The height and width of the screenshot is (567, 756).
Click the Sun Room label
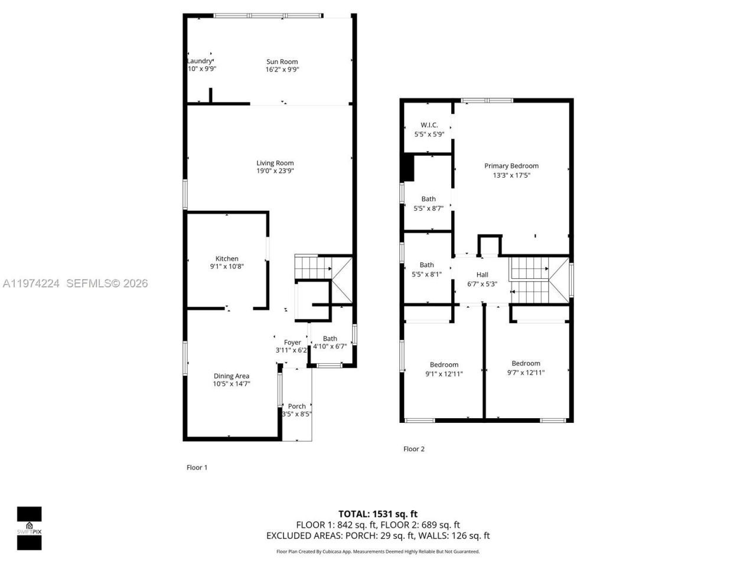(x=282, y=61)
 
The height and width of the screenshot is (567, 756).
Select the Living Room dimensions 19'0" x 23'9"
(x=275, y=171)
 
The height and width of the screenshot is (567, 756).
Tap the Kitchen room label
(x=227, y=259)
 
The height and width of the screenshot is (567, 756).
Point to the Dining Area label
(x=231, y=376)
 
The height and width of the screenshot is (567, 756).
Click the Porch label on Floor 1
(x=296, y=406)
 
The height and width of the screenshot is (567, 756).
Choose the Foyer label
(x=292, y=343)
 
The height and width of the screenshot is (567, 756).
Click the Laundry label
(x=200, y=61)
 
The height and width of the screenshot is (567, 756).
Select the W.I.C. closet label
(x=429, y=125)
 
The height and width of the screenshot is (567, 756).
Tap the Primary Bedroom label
(x=511, y=166)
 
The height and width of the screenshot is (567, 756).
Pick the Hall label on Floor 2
(x=482, y=275)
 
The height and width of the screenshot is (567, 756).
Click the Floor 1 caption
(x=197, y=467)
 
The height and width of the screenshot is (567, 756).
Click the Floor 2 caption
(x=413, y=449)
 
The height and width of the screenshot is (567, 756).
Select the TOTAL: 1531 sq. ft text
(x=377, y=514)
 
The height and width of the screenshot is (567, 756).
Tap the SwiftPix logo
(x=29, y=528)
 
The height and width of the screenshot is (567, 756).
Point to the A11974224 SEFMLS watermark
(x=75, y=283)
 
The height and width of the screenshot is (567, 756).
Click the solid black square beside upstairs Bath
(x=407, y=168)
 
